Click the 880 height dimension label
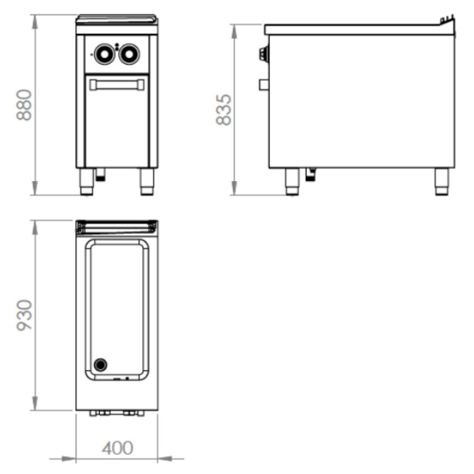tap(24, 105)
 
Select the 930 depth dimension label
tap(24, 315)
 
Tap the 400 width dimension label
tap(117, 448)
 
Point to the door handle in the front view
tap(117, 84)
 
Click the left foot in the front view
tap(87, 181)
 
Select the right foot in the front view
tap(147, 181)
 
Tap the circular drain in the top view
tap(100, 365)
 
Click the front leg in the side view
tap(292, 181)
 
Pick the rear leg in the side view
tap(442, 181)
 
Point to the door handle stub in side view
tap(264, 84)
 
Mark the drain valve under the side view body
tap(311, 174)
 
